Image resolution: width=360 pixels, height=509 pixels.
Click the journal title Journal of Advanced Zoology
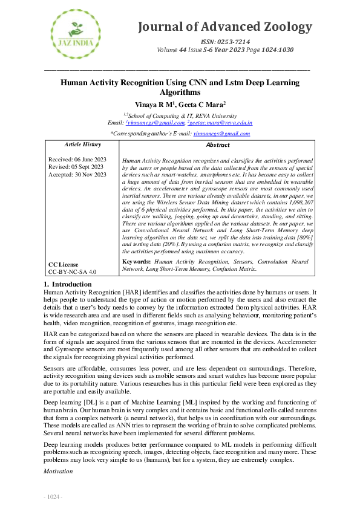point(226,27)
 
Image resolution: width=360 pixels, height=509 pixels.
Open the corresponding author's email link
point(217,134)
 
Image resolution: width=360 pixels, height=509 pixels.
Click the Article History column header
point(83,145)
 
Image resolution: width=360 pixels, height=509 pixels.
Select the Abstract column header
point(218,145)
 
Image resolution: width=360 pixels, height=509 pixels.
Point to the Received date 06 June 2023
point(77,159)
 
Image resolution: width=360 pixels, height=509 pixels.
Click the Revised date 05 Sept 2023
point(76,167)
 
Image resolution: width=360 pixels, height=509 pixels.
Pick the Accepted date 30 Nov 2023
point(77,175)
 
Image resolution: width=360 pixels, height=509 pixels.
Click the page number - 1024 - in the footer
point(53,497)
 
